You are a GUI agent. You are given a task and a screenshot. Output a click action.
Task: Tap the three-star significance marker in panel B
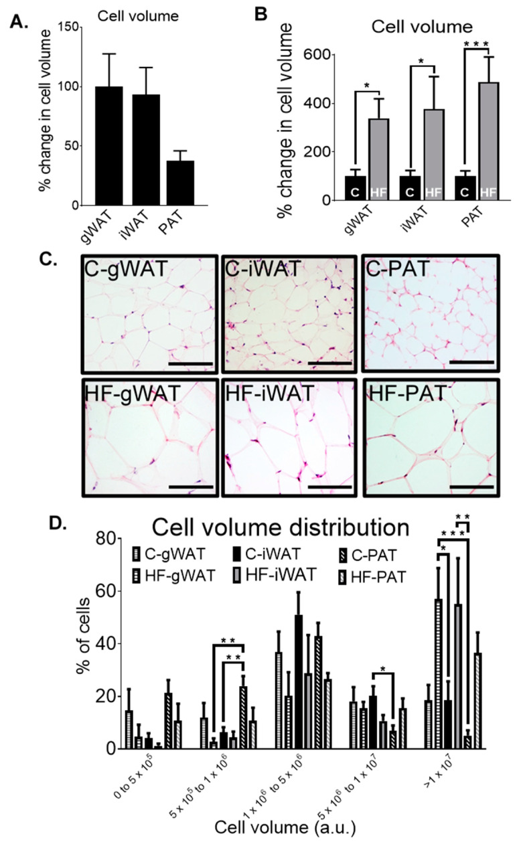(x=472, y=46)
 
